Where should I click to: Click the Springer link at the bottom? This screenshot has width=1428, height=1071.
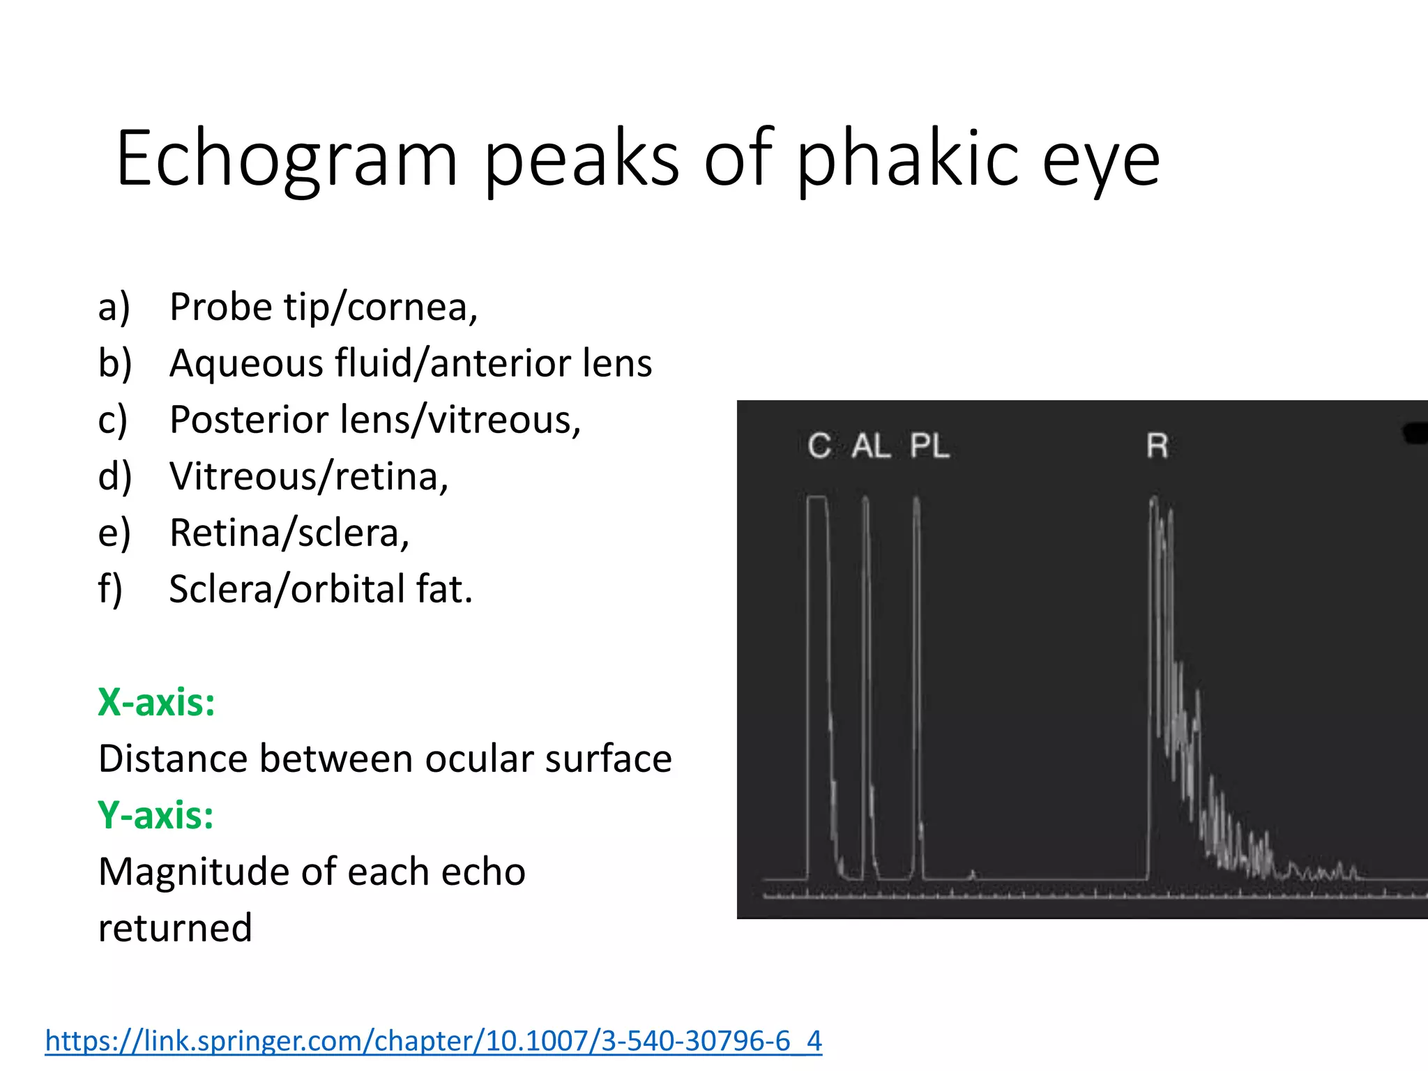point(433,1040)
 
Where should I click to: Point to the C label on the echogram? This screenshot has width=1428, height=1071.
point(819,446)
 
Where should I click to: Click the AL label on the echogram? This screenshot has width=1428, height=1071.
point(871,446)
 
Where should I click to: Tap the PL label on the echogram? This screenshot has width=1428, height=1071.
point(929,446)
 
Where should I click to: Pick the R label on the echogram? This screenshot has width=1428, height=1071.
point(1157,446)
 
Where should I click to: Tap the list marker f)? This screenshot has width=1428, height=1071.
point(110,589)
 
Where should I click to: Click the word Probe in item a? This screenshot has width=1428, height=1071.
point(221,307)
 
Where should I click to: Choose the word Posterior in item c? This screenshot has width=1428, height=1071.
point(249,420)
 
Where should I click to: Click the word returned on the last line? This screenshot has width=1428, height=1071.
point(175,928)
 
